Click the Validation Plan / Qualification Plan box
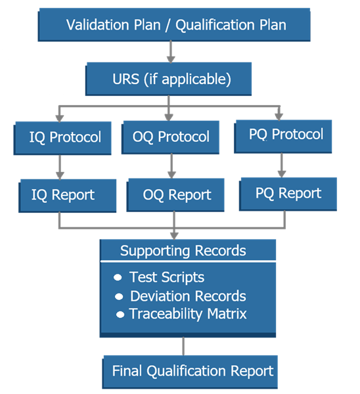point(175,25)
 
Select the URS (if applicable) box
point(169,79)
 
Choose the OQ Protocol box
point(171,137)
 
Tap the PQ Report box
point(288,193)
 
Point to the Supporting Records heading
point(183,251)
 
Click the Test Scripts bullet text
point(167,277)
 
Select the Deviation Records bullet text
point(188,295)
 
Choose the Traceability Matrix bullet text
point(188,314)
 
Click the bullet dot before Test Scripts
point(118,278)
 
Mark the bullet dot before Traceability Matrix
point(120,315)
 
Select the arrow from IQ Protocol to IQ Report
point(60,166)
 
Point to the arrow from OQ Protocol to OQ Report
point(171,166)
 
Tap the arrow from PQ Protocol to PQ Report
point(281,165)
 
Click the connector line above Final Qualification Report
point(183,345)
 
